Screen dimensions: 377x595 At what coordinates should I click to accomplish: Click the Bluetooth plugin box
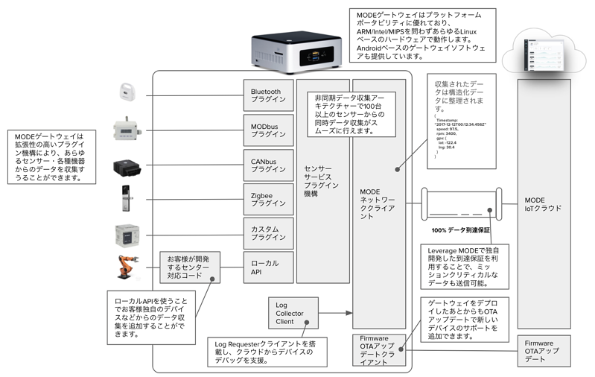coord(268,96)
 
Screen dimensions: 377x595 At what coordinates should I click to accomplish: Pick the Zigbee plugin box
coord(268,197)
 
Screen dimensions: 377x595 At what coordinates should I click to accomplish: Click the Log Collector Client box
coord(295,313)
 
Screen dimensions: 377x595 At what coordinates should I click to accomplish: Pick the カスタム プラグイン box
coord(268,232)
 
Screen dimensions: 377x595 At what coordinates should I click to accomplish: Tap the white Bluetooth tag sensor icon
coord(126,92)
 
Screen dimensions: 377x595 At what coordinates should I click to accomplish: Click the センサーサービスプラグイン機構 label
coord(322,180)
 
